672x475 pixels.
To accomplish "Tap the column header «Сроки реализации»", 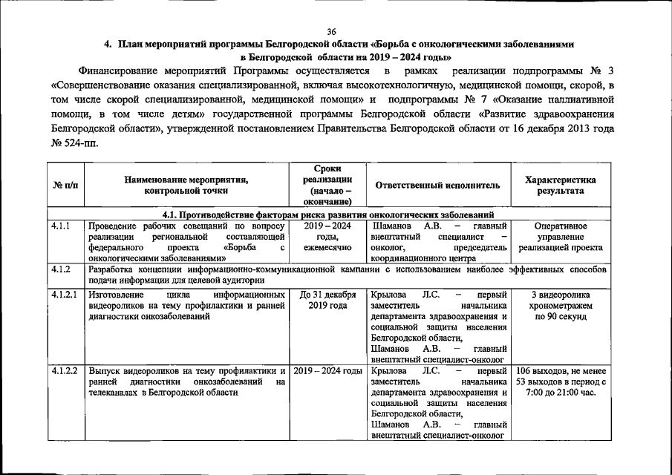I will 327,186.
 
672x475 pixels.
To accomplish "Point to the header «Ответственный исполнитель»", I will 437,186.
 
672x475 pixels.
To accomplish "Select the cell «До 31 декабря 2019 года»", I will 327,300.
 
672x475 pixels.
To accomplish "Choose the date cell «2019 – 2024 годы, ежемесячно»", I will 327,237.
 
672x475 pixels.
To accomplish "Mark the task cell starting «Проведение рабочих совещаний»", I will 186,242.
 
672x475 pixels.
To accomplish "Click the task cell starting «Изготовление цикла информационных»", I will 186,305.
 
